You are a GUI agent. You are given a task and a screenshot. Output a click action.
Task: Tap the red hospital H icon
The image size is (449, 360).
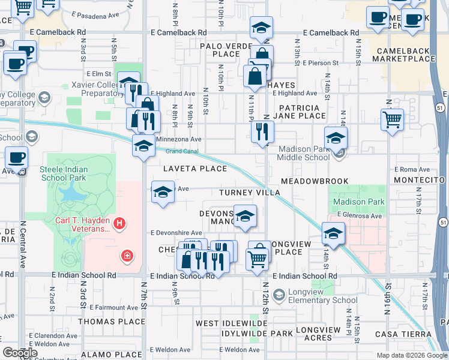tap(120, 224)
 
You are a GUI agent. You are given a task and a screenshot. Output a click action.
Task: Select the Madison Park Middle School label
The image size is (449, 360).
tap(303, 153)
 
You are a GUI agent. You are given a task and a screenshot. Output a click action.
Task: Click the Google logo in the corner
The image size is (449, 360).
tap(20, 352)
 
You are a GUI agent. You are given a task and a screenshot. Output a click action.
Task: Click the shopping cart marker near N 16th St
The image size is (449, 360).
tap(392, 119)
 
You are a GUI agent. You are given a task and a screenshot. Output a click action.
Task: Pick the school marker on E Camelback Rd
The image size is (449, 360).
tap(261, 28)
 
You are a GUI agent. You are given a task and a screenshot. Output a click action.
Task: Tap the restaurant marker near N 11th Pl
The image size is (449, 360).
tap(262, 132)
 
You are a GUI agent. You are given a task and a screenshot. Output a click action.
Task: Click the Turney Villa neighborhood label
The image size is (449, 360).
tap(249, 193)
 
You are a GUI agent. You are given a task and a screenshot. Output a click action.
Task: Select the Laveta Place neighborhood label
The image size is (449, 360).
tap(191, 169)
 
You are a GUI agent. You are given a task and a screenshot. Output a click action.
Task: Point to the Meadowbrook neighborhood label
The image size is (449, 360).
tap(314, 181)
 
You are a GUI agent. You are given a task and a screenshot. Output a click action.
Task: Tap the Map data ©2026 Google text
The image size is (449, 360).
tap(411, 355)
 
